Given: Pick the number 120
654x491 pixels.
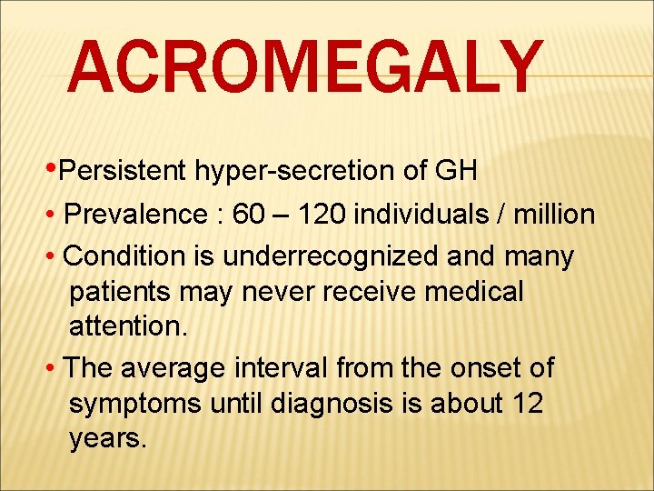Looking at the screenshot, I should point(323,215).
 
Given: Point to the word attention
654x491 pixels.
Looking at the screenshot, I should point(128,327).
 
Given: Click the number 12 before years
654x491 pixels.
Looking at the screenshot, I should point(524,403).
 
